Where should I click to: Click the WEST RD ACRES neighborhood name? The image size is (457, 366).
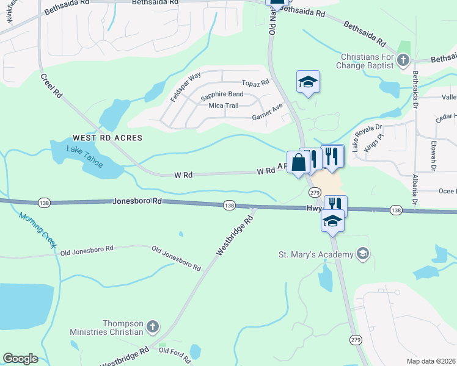coord(107,138)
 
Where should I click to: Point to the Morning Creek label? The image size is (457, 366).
coord(38,229)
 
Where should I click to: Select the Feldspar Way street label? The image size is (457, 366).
coord(186,87)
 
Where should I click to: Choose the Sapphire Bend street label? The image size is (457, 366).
coord(222,95)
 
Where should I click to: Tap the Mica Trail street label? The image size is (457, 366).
coord(223,106)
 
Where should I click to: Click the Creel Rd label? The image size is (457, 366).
coord(52,86)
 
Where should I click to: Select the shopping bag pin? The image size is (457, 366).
coord(298,163)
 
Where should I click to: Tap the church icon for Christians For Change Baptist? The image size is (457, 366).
coord(402,60)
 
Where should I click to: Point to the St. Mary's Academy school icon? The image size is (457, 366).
coord(363,254)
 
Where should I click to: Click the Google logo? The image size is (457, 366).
coord(20,359)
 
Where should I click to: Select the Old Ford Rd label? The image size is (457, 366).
coord(171,350)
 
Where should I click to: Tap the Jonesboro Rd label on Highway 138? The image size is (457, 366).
coord(137,201)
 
